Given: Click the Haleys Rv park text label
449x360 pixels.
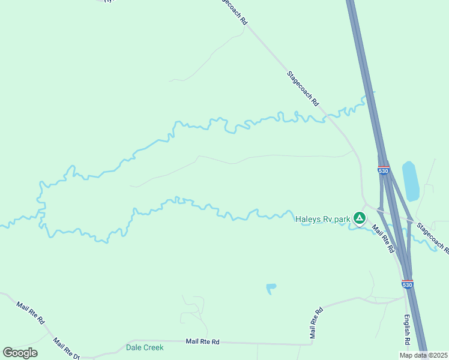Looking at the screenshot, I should pos(322,219).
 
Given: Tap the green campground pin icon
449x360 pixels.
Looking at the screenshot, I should pos(359,218).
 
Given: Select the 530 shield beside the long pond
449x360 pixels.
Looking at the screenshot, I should pos(384,170).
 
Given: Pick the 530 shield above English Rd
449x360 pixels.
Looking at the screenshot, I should pos(408,284).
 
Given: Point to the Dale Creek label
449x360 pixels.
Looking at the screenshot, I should pos(145,347).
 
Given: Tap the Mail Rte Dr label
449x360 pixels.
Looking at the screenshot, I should pos(66,349).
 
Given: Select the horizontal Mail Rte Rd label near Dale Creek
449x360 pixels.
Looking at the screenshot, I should pos(202,341).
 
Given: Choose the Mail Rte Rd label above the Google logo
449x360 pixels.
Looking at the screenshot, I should pos(31,313).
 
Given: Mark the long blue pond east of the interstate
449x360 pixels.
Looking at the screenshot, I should pos(411,181).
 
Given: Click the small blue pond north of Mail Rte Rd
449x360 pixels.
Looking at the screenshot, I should pos(271,289).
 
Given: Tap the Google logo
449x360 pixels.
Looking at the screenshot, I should pos(20,353).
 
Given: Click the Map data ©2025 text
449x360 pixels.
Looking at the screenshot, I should pos(424,355).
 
